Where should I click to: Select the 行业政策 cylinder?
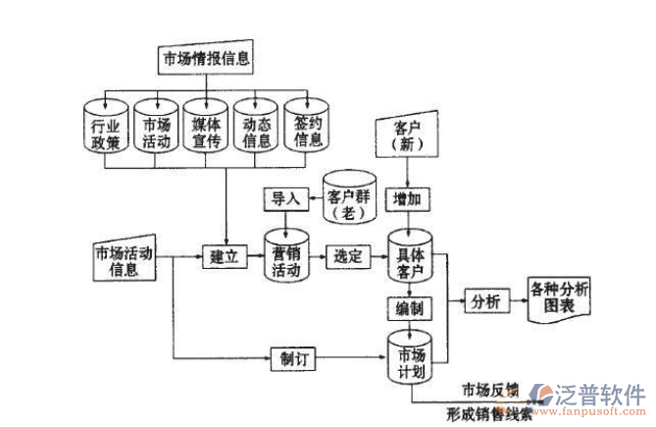coord(105,130)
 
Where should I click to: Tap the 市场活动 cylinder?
coord(156,130)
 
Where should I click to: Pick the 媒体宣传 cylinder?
coord(206,130)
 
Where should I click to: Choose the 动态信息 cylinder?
coord(257,130)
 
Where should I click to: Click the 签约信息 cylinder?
coord(308,130)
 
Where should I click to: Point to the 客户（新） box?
coord(406,135)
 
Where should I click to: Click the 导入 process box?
coord(284,197)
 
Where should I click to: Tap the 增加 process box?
coord(406,198)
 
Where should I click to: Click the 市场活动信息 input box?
coord(124,260)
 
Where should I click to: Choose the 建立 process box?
coord(225,257)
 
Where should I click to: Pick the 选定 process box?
coord(348,257)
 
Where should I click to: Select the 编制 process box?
coord(410,310)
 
